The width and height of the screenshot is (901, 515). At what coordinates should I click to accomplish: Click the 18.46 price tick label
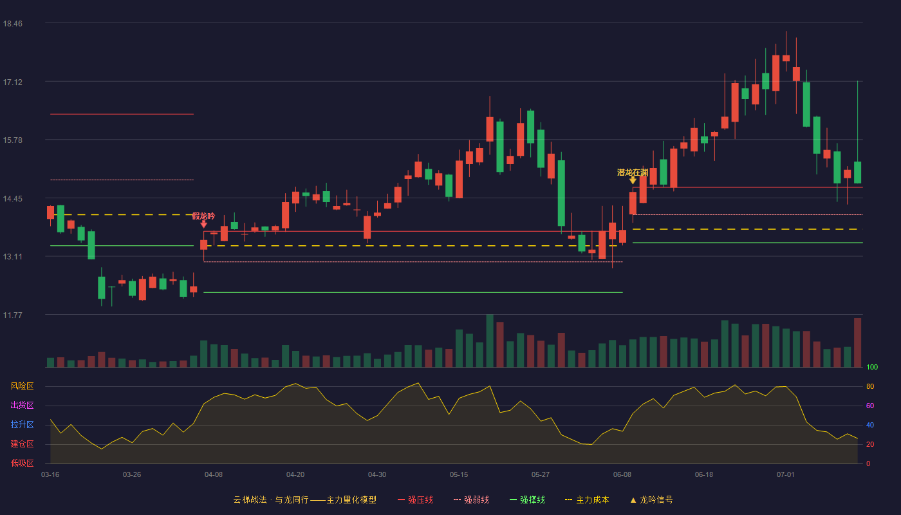point(12,23)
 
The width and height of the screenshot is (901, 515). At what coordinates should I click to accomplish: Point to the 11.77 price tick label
point(12,315)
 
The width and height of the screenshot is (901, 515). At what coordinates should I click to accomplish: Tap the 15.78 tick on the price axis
point(12,140)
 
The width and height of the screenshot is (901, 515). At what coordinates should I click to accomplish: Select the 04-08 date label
point(214,475)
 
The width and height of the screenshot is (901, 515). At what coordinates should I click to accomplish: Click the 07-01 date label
point(786,475)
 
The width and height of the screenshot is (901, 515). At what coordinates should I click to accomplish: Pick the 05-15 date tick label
point(459,475)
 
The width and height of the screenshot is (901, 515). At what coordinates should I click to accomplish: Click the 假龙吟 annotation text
point(203,216)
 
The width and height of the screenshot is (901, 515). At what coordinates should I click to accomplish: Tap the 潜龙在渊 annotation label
point(633,173)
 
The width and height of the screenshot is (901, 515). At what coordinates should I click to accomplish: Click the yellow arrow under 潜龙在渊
point(633,180)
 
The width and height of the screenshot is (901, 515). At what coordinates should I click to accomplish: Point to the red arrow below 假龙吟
point(204,224)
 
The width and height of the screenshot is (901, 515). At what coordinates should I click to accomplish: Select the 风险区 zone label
point(22,386)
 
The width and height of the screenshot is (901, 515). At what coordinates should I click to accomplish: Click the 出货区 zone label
point(22,405)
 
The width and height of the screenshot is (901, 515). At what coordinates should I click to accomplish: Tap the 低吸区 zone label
point(22,463)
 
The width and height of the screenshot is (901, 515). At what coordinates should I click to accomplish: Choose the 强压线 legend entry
point(415,500)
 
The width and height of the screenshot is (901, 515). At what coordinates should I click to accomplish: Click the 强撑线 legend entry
point(527,500)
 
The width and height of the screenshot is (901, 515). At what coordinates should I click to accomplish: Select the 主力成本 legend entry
point(587,500)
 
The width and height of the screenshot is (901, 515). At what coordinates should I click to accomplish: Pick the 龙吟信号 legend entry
point(651,500)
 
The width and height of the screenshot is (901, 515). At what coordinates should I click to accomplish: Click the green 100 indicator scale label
point(872,367)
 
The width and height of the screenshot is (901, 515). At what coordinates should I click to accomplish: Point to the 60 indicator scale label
point(870,406)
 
